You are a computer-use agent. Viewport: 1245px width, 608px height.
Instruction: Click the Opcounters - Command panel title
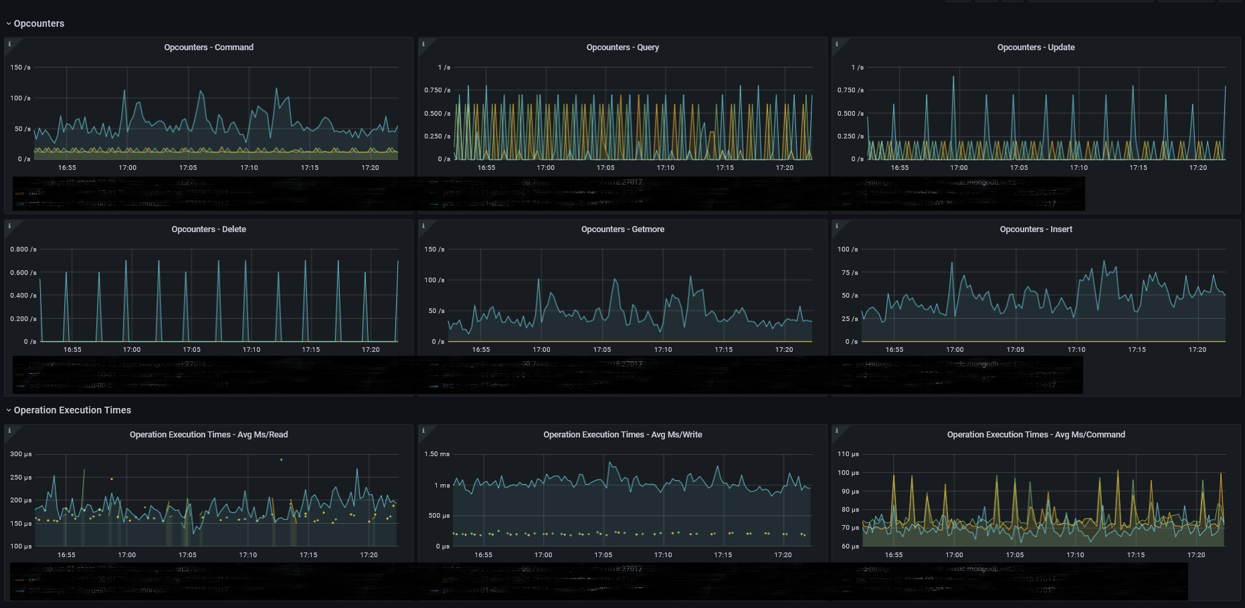209,47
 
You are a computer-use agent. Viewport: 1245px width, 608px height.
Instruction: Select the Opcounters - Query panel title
622,47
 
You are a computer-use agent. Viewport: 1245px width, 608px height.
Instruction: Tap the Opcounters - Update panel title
1036,47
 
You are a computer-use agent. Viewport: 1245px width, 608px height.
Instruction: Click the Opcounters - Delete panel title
209,229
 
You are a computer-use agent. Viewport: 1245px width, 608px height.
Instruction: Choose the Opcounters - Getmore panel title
622,229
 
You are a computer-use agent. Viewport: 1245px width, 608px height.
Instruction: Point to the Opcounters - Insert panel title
1036,229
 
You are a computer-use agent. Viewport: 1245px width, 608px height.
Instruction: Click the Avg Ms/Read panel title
209,435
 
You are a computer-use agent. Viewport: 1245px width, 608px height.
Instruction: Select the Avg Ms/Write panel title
622,435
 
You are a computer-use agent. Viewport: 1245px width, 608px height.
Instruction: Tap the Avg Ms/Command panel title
1036,435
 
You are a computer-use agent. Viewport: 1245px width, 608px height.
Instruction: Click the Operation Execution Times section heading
72,410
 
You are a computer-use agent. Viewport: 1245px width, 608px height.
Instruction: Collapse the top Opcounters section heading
39,23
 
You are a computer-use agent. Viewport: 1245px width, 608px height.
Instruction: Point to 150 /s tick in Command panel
20,68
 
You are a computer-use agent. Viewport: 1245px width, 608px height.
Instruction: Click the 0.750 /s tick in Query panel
437,90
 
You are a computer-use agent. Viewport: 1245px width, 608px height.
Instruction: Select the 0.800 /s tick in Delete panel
23,249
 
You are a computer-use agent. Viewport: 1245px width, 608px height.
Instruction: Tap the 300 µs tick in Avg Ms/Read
21,454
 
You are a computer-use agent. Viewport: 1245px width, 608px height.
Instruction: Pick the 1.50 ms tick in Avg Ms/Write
437,454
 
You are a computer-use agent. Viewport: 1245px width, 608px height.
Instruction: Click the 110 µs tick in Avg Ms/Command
848,454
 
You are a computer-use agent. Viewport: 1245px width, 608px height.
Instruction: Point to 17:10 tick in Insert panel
1076,350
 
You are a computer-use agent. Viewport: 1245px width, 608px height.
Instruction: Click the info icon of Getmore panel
423,226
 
